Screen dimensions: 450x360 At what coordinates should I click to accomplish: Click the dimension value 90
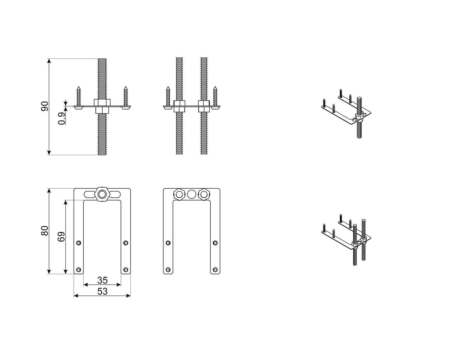click(44, 106)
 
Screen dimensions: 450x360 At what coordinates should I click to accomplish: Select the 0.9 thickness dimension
click(62, 118)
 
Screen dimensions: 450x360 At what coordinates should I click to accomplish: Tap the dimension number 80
click(44, 231)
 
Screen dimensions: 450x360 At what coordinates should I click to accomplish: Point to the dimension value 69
click(61, 237)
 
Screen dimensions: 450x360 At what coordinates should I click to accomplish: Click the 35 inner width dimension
click(103, 280)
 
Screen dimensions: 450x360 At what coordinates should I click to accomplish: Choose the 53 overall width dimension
click(103, 291)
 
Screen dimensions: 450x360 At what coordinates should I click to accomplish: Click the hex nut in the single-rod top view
click(102, 194)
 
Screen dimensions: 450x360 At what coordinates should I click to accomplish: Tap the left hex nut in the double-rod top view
click(179, 194)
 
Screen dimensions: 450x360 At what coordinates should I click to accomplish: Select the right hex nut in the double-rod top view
click(204, 194)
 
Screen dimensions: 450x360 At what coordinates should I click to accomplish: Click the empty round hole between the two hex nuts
click(191, 194)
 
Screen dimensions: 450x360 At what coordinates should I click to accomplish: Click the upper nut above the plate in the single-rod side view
click(102, 103)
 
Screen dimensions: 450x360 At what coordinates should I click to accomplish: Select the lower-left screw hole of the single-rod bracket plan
click(79, 269)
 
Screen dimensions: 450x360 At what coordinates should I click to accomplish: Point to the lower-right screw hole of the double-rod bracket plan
click(215, 270)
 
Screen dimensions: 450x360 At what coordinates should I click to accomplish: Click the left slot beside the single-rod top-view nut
click(89, 194)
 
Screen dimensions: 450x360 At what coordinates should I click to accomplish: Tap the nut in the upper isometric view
click(359, 116)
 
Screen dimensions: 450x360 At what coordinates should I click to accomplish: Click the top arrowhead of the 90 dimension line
click(49, 61)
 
